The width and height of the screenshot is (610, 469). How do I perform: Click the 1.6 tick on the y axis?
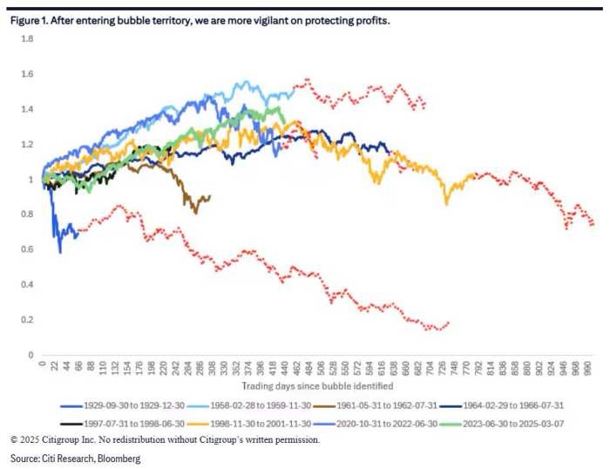(x=27, y=74)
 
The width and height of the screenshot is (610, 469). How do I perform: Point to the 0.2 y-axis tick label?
(x=27, y=320)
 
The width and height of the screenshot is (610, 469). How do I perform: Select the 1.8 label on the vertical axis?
(x=27, y=39)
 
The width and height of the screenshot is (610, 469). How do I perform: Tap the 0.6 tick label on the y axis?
(x=27, y=249)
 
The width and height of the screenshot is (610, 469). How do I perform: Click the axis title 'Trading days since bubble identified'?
(x=318, y=385)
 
